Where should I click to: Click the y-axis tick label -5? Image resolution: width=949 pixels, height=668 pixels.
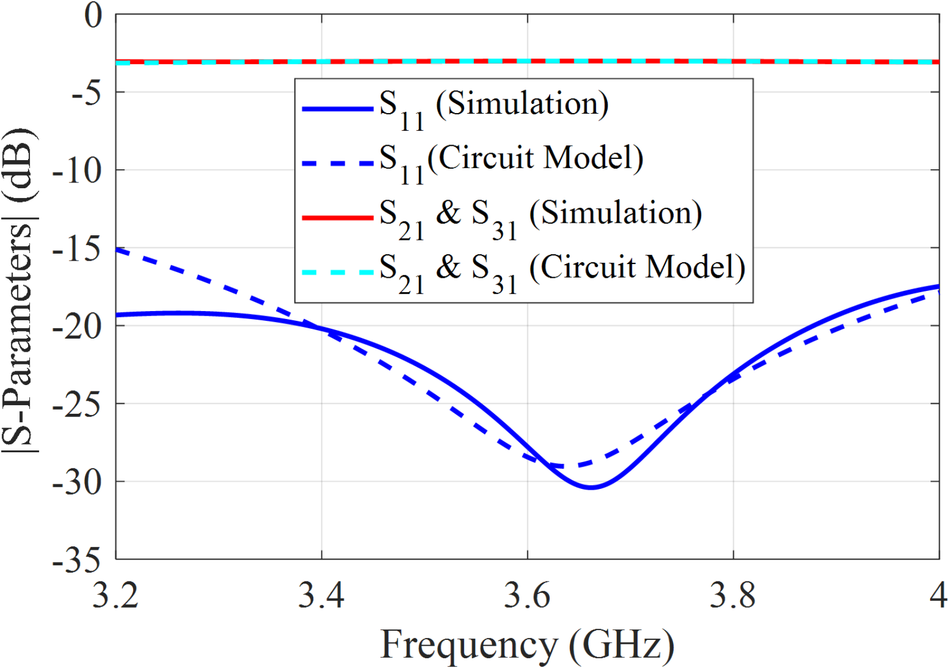point(86,93)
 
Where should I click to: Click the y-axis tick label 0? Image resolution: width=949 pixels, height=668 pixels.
point(93,15)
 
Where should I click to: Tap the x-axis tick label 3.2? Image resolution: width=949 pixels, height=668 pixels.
point(115,595)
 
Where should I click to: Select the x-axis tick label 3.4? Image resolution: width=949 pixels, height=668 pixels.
point(321,595)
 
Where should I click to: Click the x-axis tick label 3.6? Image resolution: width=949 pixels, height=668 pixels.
point(527,595)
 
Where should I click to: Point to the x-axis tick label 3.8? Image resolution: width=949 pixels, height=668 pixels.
point(733,595)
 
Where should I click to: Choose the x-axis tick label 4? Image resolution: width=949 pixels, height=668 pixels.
point(938,595)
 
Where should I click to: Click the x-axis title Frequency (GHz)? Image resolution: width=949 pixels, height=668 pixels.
point(527,644)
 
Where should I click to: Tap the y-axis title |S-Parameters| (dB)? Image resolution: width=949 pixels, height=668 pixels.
point(20,290)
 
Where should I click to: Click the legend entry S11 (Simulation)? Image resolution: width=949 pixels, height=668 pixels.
point(493,106)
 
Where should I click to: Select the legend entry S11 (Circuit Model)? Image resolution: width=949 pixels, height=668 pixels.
point(511,160)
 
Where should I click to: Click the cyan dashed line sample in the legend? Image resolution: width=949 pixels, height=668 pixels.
point(338,272)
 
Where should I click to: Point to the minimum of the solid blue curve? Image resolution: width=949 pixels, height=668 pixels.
point(591,487)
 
